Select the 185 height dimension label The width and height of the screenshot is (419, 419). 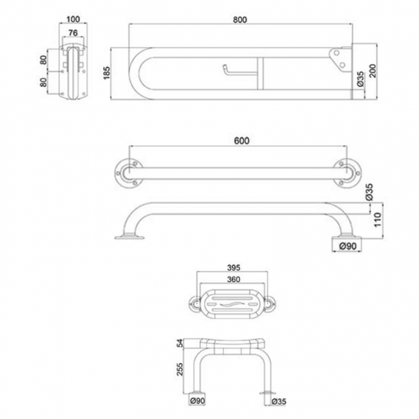click(x=106, y=73)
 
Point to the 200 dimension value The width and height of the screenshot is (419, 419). click(x=373, y=72)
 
